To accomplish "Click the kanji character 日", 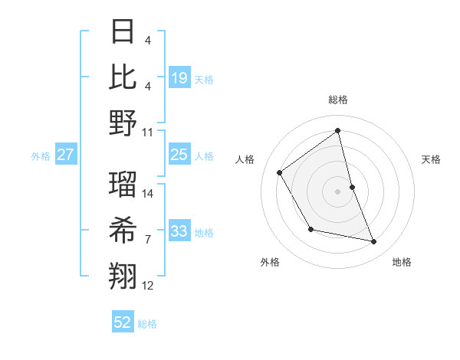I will [123, 32].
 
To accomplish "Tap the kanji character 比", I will [123, 77].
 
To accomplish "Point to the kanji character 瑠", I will [123, 185].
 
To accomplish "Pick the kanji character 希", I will [123, 230].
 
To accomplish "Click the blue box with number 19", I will [179, 77].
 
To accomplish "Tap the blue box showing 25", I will [179, 155].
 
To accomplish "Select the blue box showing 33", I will [179, 231].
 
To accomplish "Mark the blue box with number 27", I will [66, 155].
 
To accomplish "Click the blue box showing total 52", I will [123, 322].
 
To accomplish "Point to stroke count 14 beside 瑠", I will [148, 193].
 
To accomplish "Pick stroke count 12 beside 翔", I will [148, 286].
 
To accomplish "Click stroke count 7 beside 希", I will [148, 240].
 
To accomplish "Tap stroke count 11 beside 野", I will [148, 132].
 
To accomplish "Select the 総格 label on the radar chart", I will [337, 100].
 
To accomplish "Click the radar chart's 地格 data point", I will [374, 242].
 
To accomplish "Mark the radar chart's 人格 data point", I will [280, 172].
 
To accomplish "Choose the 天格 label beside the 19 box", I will [204, 79].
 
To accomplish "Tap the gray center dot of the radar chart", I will [337, 191].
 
